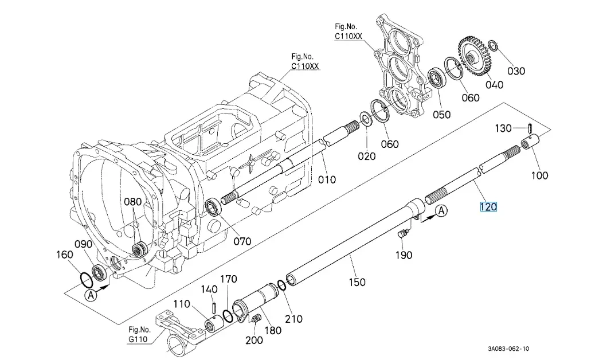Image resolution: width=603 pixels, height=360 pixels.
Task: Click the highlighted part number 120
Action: (488, 207)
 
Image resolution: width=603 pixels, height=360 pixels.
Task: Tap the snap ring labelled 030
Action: (493, 46)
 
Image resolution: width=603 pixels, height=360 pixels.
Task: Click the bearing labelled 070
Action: (212, 208)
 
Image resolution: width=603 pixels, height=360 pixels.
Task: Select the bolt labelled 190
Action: (403, 232)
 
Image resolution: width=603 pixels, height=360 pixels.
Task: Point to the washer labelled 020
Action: (365, 119)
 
